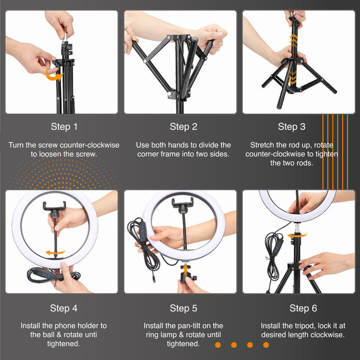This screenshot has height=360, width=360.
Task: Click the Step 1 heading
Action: click(64, 127)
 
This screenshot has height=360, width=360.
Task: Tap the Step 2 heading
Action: click(183, 127)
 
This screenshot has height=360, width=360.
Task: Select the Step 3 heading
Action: click(291, 127)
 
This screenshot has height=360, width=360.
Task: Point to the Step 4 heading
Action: click(64, 308)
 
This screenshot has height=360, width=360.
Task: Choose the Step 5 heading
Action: click(183, 308)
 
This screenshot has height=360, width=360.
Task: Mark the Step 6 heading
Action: click(303, 308)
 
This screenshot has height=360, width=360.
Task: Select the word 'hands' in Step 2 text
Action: click(182, 145)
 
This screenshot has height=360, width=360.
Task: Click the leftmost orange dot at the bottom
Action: click(218, 345)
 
